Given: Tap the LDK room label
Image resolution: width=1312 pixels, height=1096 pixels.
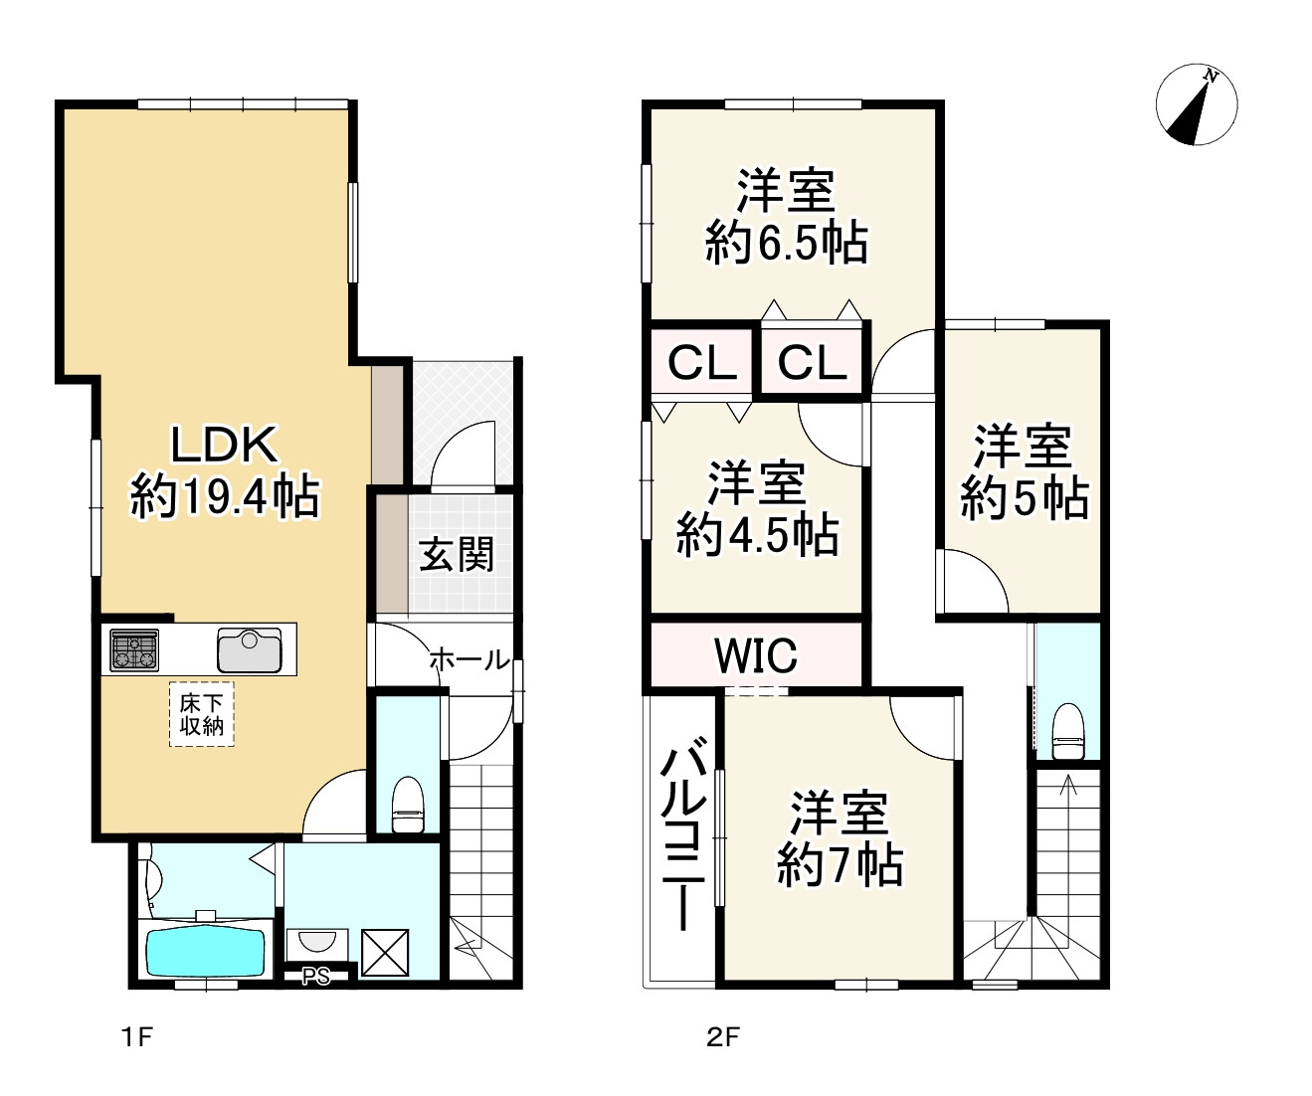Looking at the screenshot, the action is click(x=225, y=445).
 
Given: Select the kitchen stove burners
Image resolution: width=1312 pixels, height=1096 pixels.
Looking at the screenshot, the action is click(x=134, y=649).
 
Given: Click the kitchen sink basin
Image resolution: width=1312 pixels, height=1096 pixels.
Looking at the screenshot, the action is click(x=250, y=649).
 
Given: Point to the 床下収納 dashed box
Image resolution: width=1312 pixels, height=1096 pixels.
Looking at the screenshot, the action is click(x=202, y=714).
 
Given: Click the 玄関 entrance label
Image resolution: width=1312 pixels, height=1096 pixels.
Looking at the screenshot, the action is click(x=457, y=554).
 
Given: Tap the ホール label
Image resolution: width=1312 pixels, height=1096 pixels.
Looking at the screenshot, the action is click(x=469, y=659).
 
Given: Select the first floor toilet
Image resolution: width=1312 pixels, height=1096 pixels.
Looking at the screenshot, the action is click(x=408, y=805).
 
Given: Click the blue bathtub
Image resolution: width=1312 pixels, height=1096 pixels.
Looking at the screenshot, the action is click(x=206, y=953).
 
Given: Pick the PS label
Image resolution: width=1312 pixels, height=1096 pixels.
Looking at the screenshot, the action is click(x=315, y=977).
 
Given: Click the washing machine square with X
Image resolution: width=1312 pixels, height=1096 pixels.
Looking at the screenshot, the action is click(x=385, y=953).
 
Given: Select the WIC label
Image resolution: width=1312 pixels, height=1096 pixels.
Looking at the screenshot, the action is click(x=756, y=654).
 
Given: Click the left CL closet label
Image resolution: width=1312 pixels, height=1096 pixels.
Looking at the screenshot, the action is click(x=702, y=363).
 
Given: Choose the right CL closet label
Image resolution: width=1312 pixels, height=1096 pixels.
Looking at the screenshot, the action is click(x=813, y=363).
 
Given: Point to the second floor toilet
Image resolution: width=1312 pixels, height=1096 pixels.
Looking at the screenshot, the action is click(x=1068, y=732).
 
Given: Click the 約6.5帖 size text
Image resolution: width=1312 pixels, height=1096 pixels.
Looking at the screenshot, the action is click(x=787, y=243).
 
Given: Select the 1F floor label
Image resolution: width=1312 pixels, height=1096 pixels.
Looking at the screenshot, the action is click(x=136, y=1037).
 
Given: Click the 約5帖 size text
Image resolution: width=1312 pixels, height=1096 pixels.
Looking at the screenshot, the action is click(x=1025, y=498).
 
